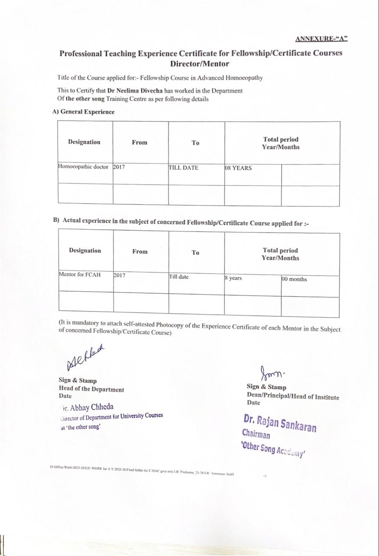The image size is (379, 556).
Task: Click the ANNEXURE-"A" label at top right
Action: click(321, 39)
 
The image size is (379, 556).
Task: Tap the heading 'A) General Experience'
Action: click(83, 112)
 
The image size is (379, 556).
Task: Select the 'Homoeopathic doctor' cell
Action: click(83, 167)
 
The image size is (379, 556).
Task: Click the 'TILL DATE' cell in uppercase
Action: click(183, 168)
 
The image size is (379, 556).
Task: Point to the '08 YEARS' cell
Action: click(239, 168)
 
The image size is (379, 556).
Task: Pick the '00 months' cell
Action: click(294, 279)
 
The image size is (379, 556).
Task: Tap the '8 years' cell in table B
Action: click(234, 278)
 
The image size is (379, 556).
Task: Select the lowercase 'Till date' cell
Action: click(179, 277)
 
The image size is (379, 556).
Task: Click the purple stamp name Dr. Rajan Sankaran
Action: click(280, 423)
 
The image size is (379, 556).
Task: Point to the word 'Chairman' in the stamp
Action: click(256, 434)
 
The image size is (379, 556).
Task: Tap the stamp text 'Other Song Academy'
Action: click(273, 450)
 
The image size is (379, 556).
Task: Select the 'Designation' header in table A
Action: click(84, 142)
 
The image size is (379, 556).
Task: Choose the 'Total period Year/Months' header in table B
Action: click(281, 254)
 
